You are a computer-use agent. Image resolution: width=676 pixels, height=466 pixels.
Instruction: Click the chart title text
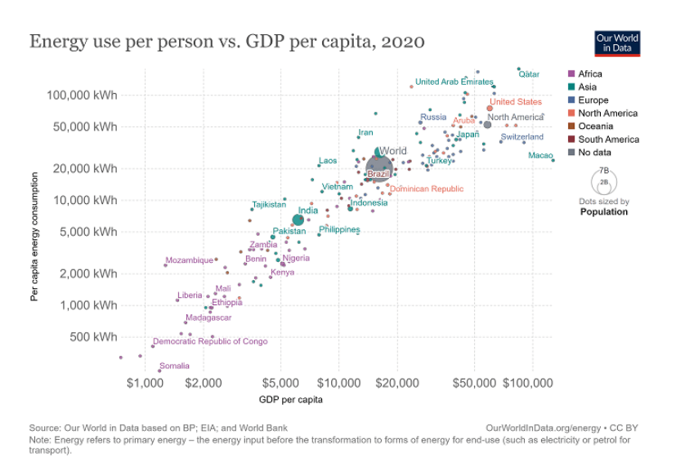[227, 41]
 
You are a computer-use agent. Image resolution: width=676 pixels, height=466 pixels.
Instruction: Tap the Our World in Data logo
[617, 43]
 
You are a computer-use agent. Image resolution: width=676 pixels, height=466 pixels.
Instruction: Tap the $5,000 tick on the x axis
[281, 382]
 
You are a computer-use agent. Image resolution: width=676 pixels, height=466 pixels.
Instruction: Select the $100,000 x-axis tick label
[531, 382]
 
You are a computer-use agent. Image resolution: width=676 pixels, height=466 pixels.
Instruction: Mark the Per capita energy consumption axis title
[34, 237]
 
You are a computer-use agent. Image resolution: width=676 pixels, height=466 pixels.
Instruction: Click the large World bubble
[378, 167]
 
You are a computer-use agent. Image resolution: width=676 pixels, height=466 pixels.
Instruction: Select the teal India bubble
[298, 220]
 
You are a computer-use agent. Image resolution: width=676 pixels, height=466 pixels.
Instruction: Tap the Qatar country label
[529, 74]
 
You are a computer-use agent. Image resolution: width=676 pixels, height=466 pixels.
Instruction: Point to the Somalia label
[174, 366]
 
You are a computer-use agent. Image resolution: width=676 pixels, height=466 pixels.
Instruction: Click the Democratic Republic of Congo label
[210, 341]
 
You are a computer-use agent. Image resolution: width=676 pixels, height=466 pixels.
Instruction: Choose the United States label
[516, 102]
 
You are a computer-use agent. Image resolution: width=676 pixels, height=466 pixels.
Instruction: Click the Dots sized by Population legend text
[604, 206]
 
